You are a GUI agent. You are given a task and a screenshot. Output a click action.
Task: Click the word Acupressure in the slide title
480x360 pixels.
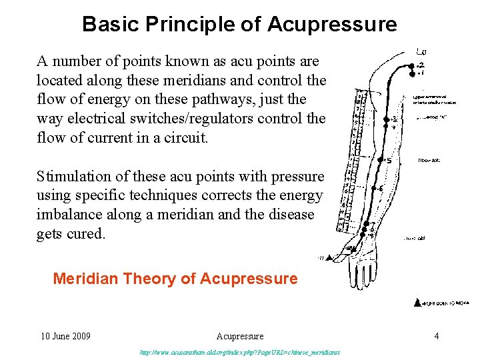coord(332,25)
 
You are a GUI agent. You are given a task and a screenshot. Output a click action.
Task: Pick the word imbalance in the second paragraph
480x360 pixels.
coord(69,215)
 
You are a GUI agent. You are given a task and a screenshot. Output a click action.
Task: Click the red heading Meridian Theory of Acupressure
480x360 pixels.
coord(175,279)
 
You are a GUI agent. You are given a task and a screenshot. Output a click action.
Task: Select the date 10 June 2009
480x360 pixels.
coord(65,336)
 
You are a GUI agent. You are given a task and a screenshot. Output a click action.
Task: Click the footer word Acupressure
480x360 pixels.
coord(240,336)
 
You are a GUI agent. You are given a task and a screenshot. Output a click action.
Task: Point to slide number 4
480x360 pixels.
coord(437,336)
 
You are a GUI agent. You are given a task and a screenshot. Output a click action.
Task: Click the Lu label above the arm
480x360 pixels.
coord(421,51)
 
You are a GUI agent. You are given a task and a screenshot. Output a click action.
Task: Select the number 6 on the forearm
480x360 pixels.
coord(381,189)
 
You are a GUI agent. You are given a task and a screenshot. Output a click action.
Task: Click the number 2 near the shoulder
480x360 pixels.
coord(420,65)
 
